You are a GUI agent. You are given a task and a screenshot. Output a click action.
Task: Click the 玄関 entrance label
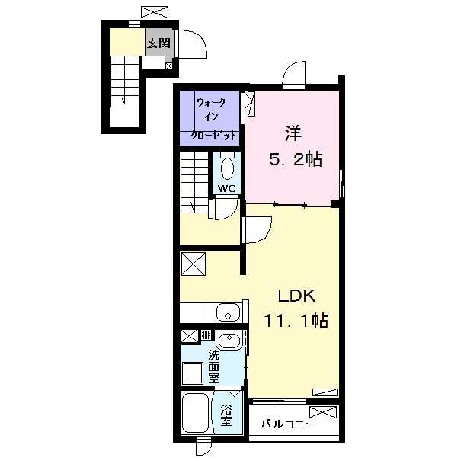coord(158,43)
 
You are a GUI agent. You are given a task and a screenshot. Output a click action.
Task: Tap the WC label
coord(227,188)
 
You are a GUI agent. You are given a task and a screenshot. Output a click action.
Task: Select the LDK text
coord(297,296)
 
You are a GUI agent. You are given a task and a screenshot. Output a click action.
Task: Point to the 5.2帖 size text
coord(296,159)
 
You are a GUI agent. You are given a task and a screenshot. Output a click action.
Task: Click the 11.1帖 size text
coord(296,320)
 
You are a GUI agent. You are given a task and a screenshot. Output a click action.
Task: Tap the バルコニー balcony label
coord(288,424)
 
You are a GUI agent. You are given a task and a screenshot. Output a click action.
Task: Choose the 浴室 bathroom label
coord(226,415)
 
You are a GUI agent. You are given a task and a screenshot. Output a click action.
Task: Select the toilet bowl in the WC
coord(227,168)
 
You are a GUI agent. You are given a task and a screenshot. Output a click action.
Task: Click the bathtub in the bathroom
coord(196,413)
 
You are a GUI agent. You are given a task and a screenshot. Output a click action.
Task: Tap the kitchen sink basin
coord(228,313)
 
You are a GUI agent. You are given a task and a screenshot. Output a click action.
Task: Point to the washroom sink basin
coord(229,340)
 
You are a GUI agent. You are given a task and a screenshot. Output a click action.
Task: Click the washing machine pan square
coord(192,373)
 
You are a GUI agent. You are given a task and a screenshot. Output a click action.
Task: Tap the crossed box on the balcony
coord(323,412)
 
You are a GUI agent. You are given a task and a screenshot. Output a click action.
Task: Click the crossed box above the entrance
coord(155,12)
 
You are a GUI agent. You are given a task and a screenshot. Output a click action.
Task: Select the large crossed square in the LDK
coord(194,264)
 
